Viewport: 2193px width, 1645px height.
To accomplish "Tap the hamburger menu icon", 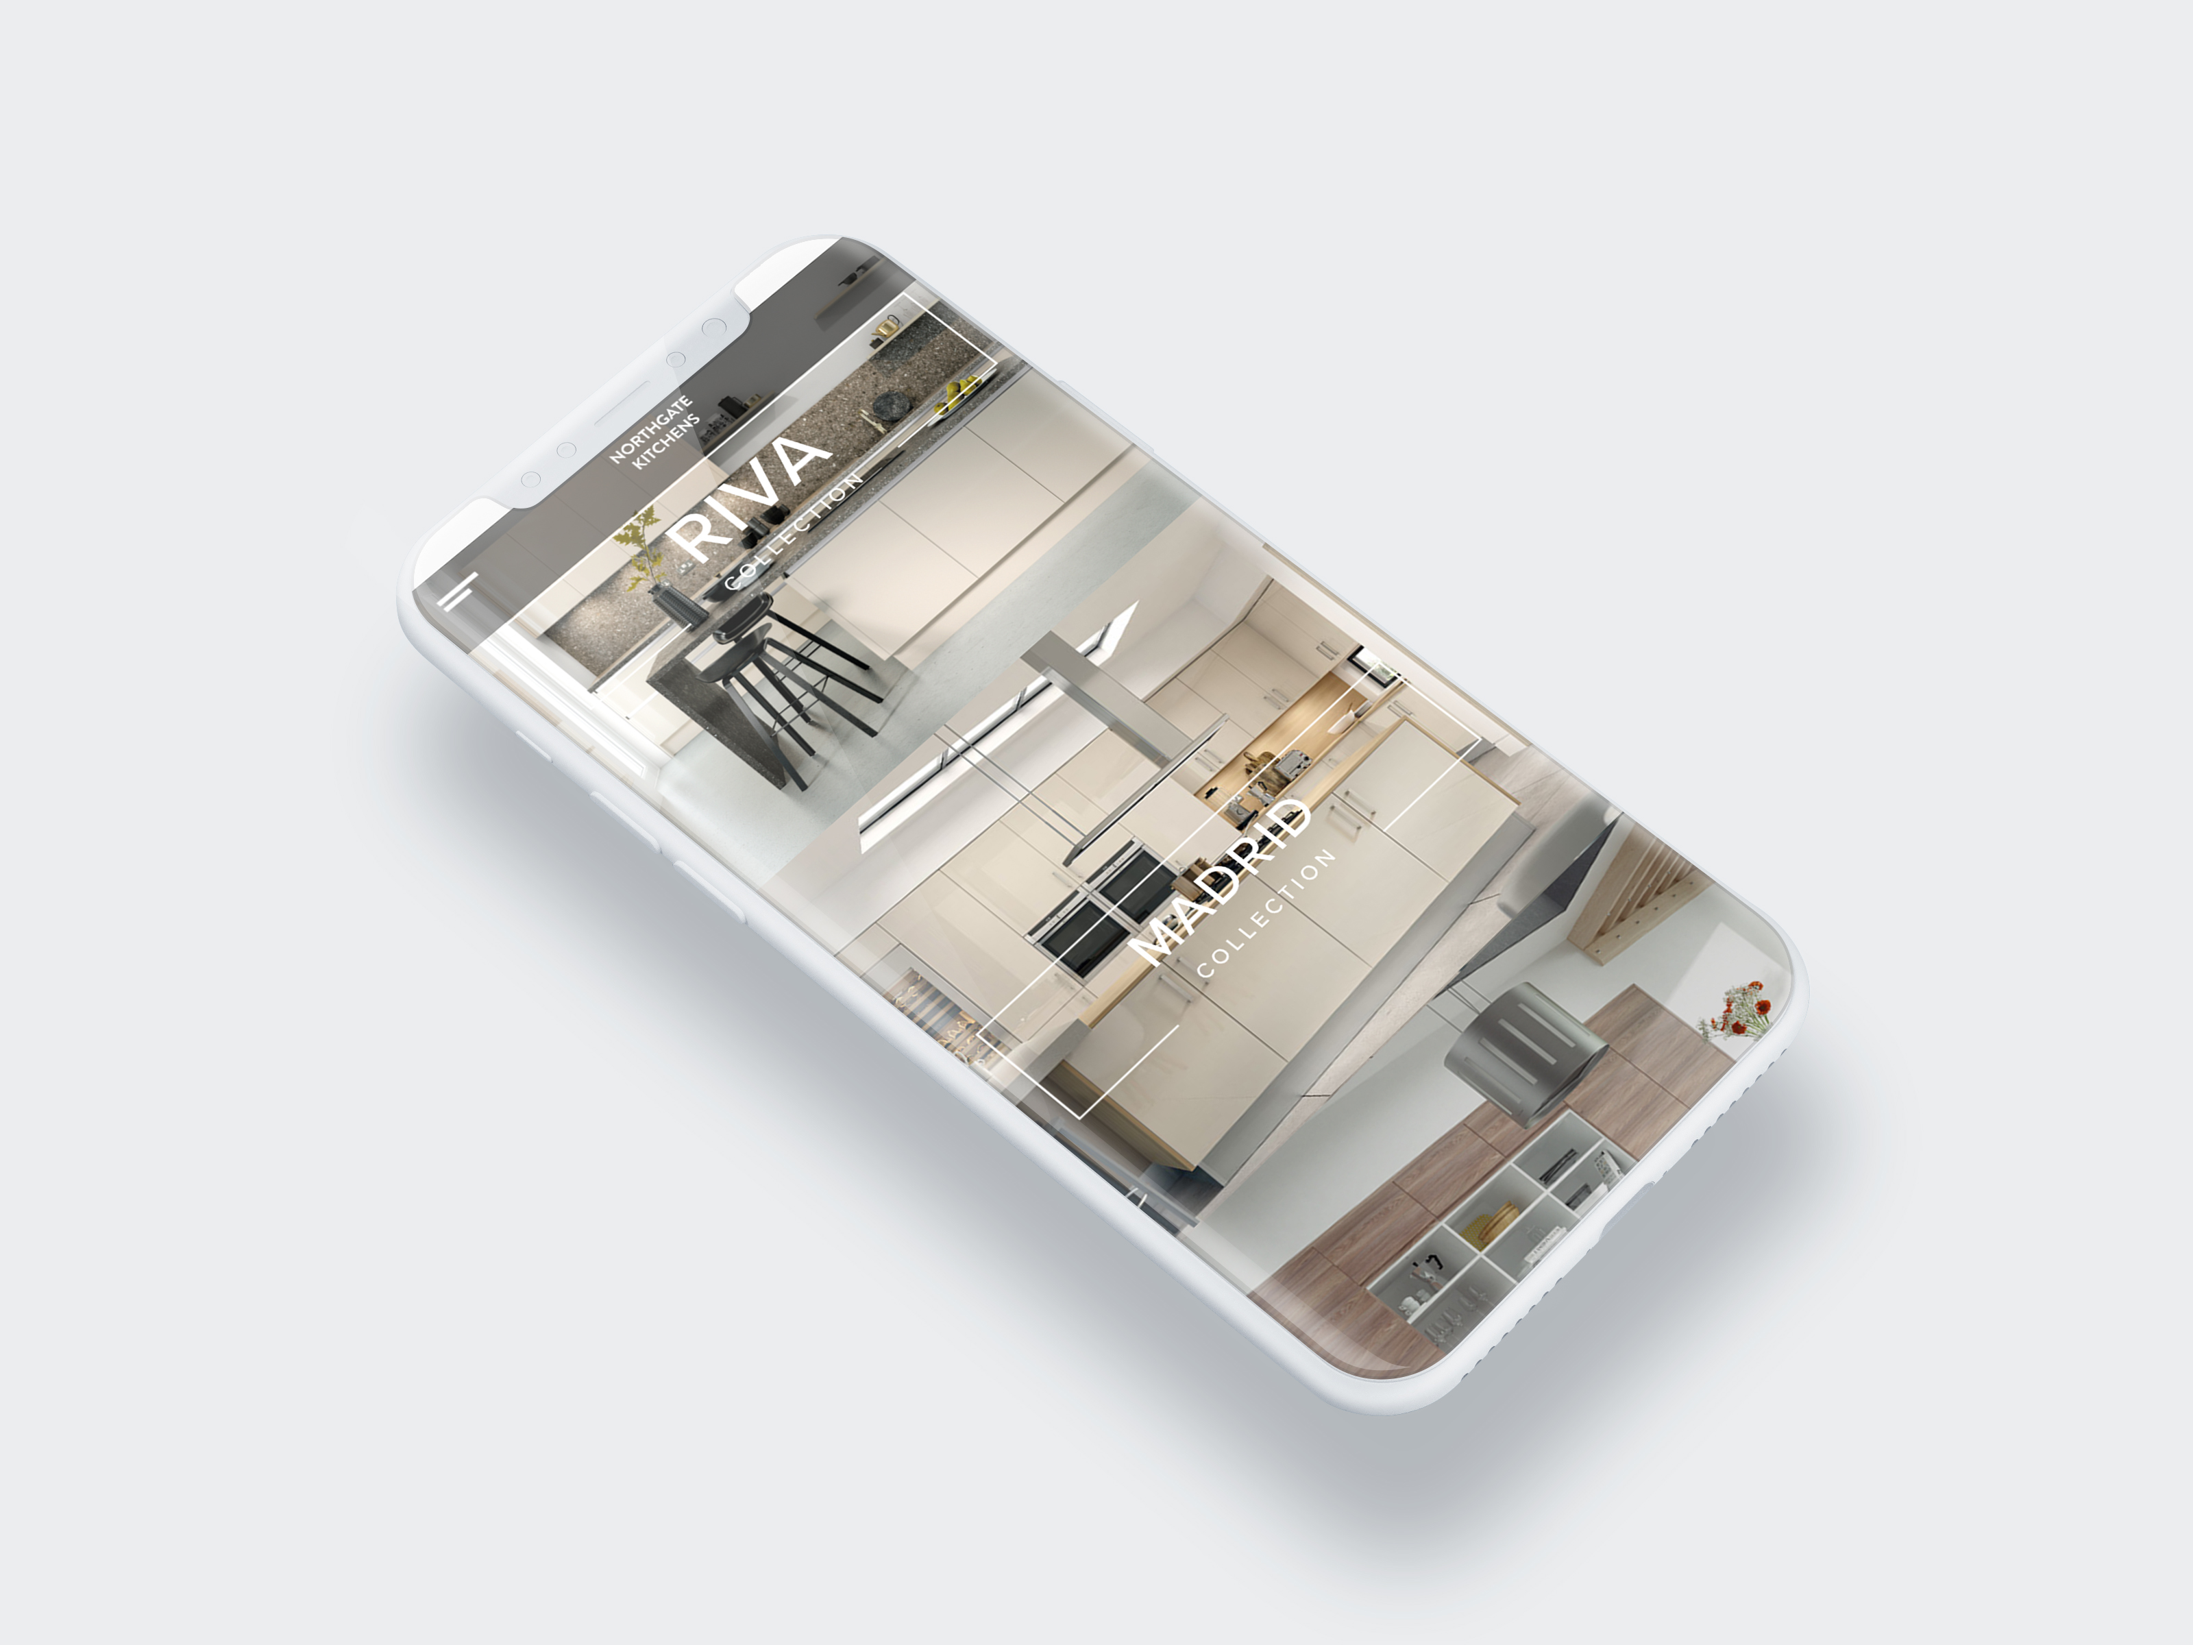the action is [x=461, y=591].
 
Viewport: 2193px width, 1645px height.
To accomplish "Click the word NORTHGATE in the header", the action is [x=650, y=429].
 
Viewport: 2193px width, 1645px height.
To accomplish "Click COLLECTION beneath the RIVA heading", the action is [x=793, y=533].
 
